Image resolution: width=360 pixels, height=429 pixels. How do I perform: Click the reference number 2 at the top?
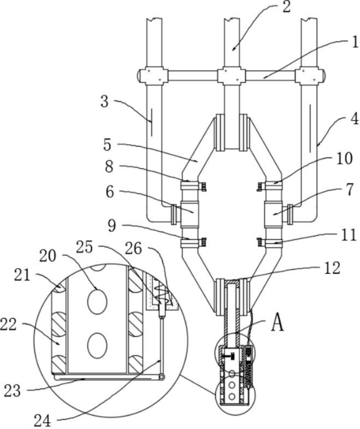(286, 7)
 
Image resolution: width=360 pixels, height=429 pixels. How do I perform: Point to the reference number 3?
(104, 102)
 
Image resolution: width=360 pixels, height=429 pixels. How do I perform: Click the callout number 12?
(331, 268)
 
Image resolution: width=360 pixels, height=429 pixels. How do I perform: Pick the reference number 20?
(48, 256)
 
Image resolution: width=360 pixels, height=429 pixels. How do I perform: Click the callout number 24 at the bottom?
(42, 420)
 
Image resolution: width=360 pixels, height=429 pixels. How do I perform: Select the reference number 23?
(13, 391)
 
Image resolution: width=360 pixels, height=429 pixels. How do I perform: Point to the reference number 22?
(8, 324)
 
